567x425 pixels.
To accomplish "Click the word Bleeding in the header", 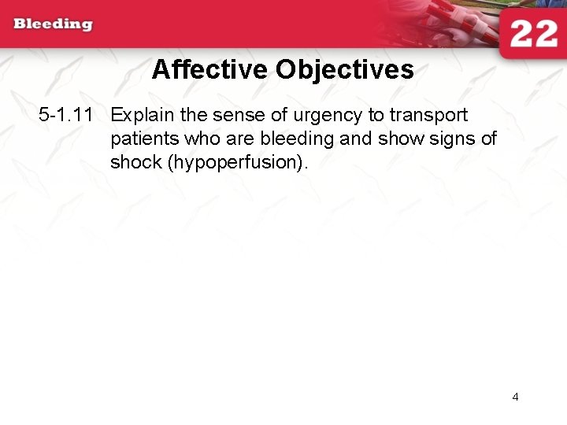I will point(53,24).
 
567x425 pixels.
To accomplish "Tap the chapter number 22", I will point(533,35).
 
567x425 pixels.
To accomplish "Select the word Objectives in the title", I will point(345,70).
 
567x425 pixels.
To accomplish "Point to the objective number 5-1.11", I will point(66,115).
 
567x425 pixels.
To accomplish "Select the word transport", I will point(428,116).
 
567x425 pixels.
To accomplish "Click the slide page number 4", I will point(515,397).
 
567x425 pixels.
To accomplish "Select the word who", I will point(196,139).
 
